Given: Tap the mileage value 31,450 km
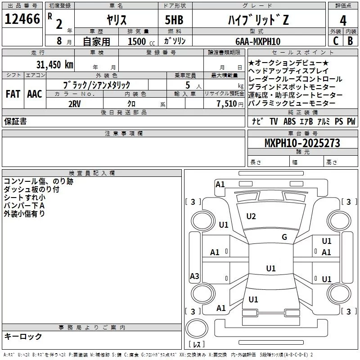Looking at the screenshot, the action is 54,64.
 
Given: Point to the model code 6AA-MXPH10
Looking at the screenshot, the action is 258,41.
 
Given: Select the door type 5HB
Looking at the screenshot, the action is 173,20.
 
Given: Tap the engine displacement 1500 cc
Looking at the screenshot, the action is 139,41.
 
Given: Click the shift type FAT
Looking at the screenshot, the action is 13,94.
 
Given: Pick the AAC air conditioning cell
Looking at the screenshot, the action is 35,94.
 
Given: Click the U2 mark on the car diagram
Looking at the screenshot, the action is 251,216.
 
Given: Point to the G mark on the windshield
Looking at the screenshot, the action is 284,237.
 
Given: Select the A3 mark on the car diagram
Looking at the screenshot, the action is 194,276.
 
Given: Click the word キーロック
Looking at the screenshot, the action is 23,336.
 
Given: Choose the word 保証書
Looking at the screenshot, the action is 15,121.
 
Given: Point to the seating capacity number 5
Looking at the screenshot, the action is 187,85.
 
